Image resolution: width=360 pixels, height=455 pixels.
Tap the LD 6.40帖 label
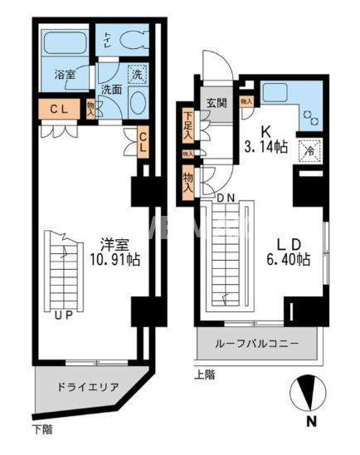[290, 251]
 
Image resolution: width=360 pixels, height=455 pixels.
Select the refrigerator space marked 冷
[308, 152]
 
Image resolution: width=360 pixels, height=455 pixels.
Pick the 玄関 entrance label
[216, 103]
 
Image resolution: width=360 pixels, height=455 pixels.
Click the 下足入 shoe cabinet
[187, 127]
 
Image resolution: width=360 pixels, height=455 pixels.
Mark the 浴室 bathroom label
[65, 75]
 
